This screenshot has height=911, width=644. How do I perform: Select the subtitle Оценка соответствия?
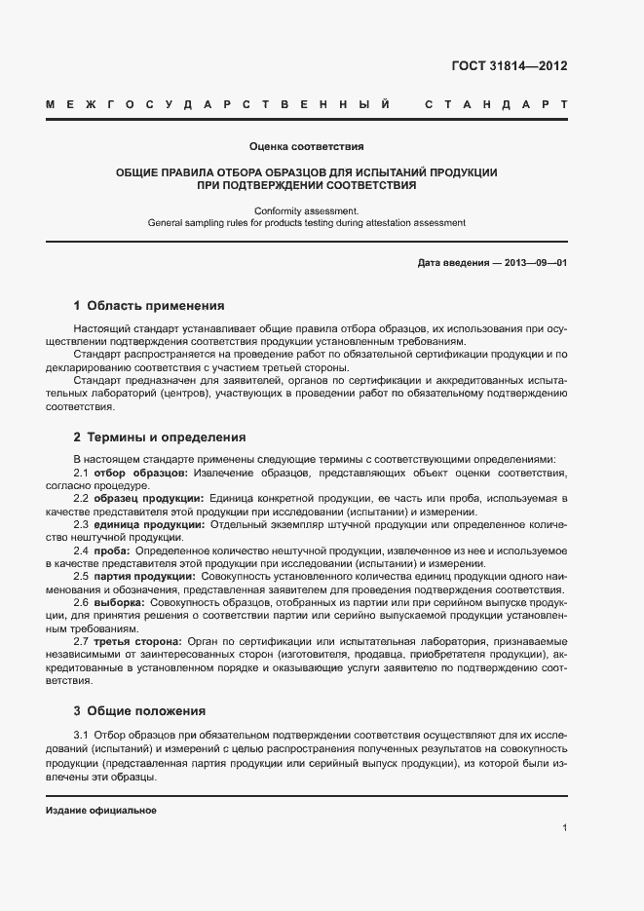306,146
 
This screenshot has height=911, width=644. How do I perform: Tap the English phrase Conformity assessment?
306,209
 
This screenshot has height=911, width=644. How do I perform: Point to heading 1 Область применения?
149,305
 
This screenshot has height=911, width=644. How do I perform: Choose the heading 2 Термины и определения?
159,437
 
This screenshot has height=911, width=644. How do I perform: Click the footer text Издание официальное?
101,811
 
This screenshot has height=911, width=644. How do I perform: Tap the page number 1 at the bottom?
564,828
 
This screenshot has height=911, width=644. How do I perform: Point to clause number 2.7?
82,642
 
